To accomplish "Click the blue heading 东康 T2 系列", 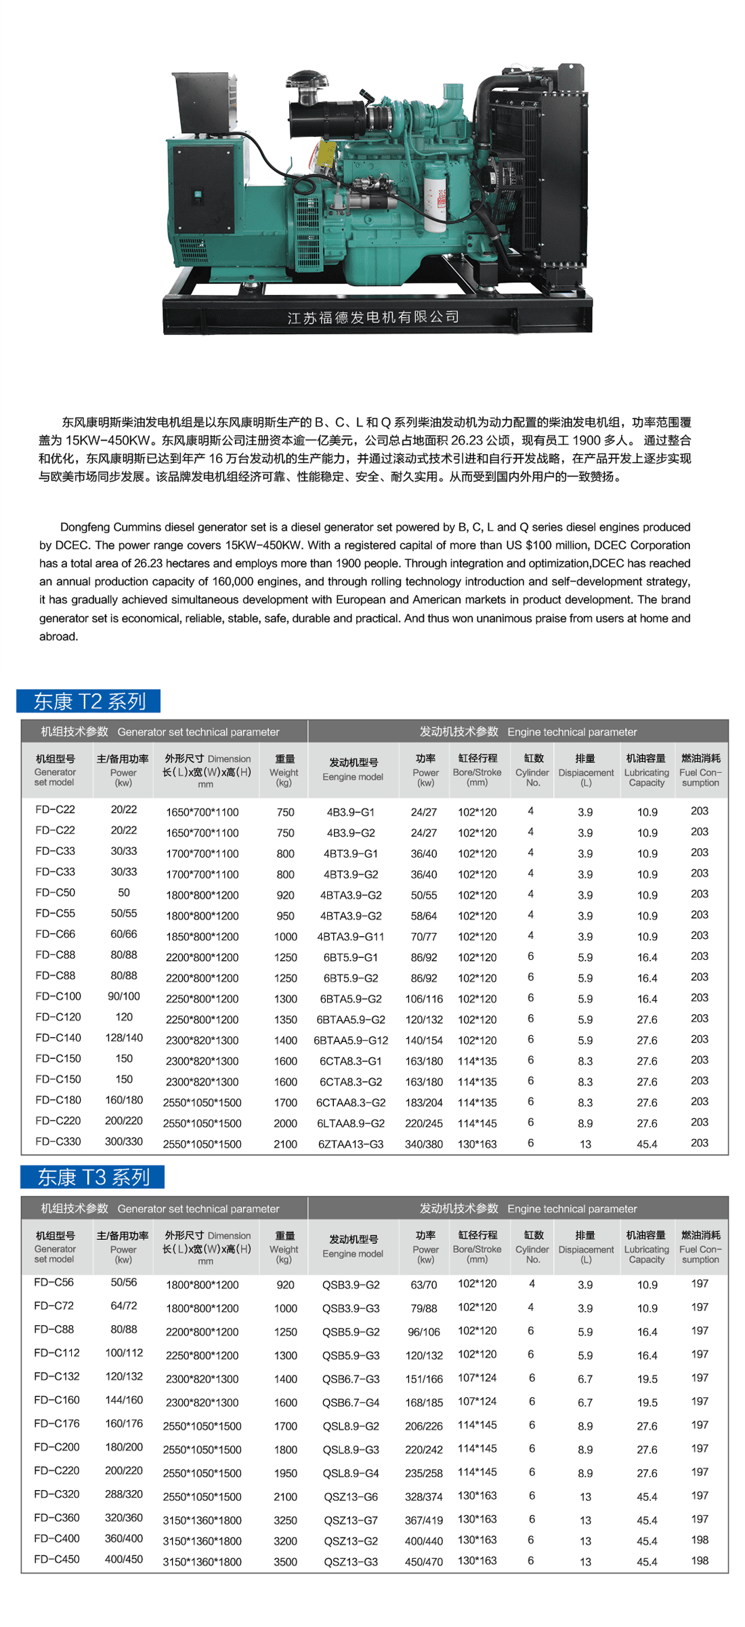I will [x=89, y=701].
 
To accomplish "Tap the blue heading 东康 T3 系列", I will [x=93, y=1177].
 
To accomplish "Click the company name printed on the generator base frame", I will [x=373, y=317].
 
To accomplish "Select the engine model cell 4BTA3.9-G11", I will [x=351, y=936].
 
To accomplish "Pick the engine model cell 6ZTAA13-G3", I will [x=351, y=1144].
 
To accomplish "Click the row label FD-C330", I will [x=58, y=1142].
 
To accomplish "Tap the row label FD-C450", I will [x=57, y=1559].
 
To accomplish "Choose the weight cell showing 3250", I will [x=285, y=1520].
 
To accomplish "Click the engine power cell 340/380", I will [x=424, y=1144].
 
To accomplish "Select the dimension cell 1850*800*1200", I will [x=203, y=936].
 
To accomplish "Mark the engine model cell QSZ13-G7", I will [x=351, y=1520].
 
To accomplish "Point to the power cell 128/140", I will [x=124, y=1037].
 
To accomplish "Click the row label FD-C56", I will [x=54, y=1282].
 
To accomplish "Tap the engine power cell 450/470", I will [x=424, y=1561].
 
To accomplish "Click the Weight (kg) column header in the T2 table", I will [x=284, y=770].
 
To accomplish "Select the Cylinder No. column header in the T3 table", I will [x=533, y=1247].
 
